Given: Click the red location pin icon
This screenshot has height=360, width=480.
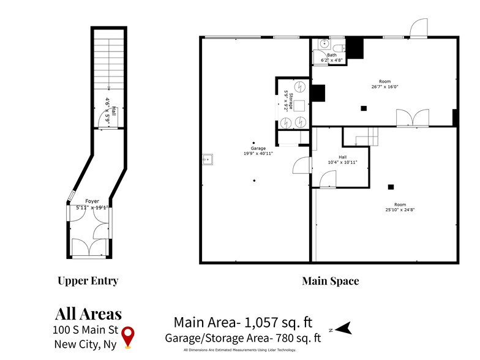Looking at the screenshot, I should coord(127,336).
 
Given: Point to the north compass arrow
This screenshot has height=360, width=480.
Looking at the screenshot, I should coord(345,329).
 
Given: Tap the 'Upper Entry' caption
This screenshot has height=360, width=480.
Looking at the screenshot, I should coord(88,281).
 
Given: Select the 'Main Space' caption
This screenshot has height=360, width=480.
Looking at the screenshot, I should coord(330,281).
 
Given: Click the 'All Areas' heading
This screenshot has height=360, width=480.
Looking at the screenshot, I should coord(88,315).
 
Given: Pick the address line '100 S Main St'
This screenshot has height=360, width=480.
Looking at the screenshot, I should coord(82,330).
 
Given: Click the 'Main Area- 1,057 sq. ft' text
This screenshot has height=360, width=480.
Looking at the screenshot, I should coord(243,322).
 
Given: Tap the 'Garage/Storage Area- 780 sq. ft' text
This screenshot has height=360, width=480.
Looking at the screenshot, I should coord(243,337).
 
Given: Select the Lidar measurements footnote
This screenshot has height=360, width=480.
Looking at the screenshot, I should coord(239,350).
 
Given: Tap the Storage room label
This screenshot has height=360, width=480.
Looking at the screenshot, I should coord(290,100).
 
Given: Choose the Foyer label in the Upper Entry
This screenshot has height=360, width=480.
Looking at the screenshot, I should coord(92,204).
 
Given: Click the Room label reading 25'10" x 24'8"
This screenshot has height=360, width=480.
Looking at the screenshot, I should coord(400,207).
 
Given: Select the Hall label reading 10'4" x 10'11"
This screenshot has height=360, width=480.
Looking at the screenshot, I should coord(343,160).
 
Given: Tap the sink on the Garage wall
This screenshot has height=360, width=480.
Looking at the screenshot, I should coord(208,160).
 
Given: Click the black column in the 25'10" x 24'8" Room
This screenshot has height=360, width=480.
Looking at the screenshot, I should coord(390,187).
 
